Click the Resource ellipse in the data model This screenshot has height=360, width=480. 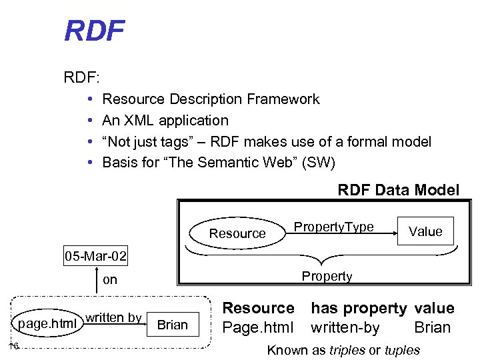(237, 233)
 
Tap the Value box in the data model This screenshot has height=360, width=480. (425, 231)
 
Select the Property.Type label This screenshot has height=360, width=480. (334, 227)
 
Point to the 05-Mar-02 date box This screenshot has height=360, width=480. (96, 256)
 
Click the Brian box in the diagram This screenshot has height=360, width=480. (173, 325)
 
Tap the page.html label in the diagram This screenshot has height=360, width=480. (46, 325)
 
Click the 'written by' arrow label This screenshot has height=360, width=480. (113, 317)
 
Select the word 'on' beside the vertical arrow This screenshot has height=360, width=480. (110, 280)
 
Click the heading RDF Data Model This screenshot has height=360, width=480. (398, 190)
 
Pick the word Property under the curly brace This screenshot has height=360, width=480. (327, 276)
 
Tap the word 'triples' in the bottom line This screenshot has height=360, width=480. (348, 350)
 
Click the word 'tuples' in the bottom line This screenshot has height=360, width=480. (402, 350)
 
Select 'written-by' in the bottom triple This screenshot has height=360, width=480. (345, 327)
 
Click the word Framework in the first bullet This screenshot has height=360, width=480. (283, 99)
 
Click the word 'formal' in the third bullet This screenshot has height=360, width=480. (373, 142)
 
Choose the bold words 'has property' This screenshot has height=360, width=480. (359, 308)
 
